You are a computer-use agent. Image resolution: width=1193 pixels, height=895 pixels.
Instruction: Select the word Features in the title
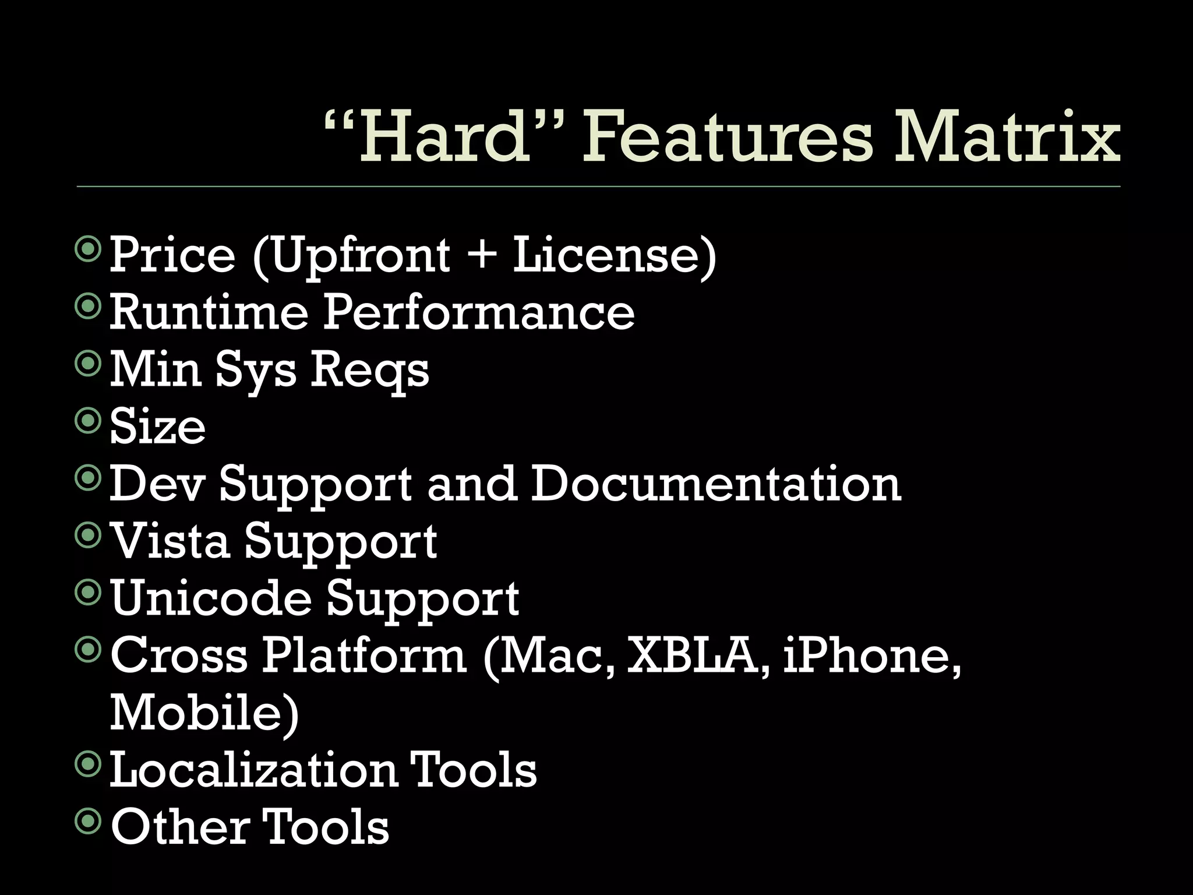click(728, 138)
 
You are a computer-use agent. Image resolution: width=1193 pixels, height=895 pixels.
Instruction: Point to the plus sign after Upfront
click(481, 255)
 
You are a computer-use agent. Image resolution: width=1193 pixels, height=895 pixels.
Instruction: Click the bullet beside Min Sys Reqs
click(89, 365)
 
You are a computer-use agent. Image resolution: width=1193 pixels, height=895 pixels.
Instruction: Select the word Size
click(157, 426)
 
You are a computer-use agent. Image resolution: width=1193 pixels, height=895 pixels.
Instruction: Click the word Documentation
click(716, 483)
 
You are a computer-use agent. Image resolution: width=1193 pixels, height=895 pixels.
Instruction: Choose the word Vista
click(170, 540)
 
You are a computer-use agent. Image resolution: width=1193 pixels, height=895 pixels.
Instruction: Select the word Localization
click(253, 769)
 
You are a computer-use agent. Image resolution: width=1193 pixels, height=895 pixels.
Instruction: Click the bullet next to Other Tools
click(89, 822)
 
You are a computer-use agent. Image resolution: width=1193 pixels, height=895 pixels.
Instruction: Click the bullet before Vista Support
click(89, 536)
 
